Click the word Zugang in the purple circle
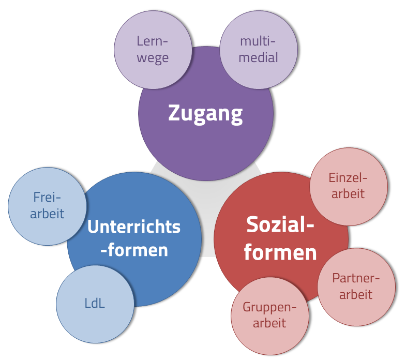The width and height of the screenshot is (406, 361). coord(205,113)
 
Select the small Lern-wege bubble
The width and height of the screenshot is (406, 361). coord(153,50)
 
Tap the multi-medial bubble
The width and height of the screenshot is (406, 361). coord(259,50)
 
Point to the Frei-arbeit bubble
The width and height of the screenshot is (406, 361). coord(47,206)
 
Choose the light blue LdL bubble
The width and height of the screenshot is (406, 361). coord(95,304)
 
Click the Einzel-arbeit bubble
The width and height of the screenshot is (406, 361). coord(348,186)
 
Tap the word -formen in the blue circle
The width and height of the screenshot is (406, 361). coord(134,250)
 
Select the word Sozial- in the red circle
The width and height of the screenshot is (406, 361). coord(280,225)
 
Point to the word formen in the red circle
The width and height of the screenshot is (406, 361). coord(280,253)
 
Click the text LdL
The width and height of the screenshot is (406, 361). coord(95,304)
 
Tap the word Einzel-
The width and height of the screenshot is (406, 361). coord(348,178)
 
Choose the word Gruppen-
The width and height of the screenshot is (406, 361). coord(270,308)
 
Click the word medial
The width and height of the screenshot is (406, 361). coord(259,57)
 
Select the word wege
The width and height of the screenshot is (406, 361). coord(153,58)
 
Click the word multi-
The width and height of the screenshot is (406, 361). coord(259,42)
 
